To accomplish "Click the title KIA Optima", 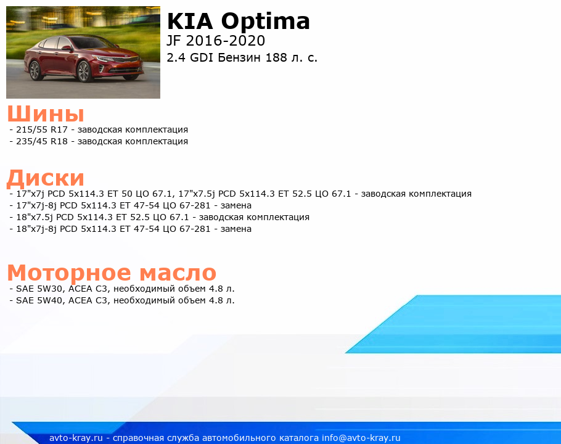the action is [x=239, y=21].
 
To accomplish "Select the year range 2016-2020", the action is [x=226, y=41].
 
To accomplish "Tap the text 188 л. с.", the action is [x=291, y=57].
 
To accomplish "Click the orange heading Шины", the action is [x=46, y=113].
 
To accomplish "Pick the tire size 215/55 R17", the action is [x=42, y=129].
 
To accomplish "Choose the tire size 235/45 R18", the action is [x=42, y=141].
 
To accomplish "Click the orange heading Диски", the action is [x=46, y=178].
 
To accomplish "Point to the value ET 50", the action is [x=120, y=194].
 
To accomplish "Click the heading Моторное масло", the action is [x=112, y=273].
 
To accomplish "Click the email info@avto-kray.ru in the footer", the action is [x=361, y=438].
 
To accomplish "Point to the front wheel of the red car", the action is [x=84, y=71].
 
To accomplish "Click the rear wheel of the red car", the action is [x=35, y=70].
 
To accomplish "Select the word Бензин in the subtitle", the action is [x=239, y=57].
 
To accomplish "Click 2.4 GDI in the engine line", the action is [x=190, y=57].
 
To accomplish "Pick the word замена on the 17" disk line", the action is [x=235, y=206].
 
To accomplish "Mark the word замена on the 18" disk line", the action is [x=235, y=229].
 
